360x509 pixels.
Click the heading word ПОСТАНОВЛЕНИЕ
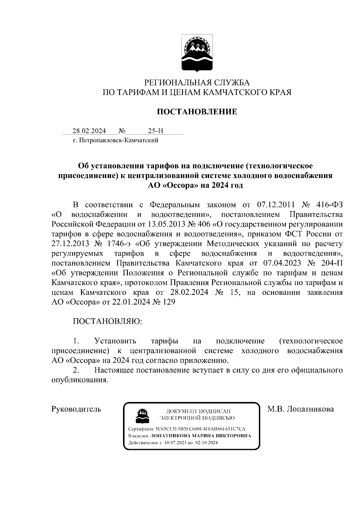[x=197, y=112]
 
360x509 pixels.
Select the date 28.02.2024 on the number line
[x=89, y=131]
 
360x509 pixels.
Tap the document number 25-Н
[x=156, y=131]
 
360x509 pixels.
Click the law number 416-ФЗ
[x=329, y=205]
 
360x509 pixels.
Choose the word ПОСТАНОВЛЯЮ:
[x=107, y=321]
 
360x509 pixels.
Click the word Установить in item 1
[x=115, y=341]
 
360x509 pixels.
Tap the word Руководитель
[x=76, y=409]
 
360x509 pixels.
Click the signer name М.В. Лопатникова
[x=300, y=409]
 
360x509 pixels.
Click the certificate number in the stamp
[x=200, y=429]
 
